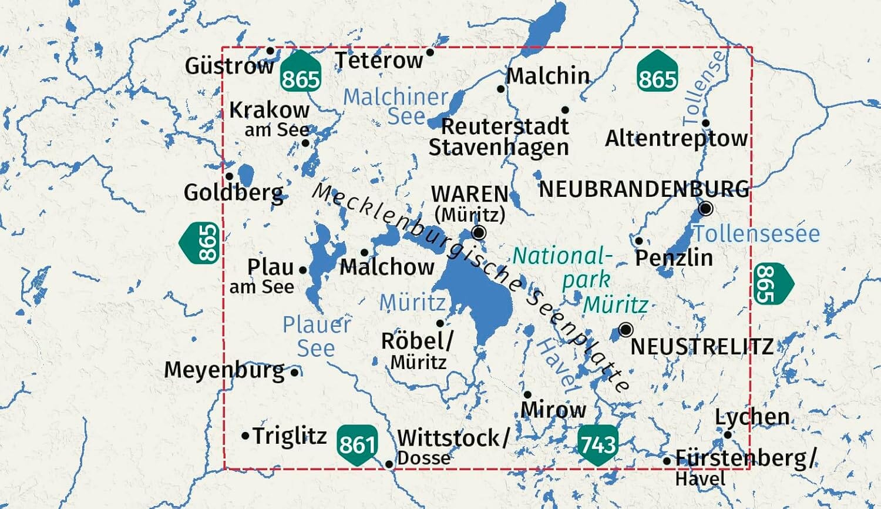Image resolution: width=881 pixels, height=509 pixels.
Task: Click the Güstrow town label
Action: [x=229, y=66]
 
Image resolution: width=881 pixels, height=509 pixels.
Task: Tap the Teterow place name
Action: [x=379, y=60]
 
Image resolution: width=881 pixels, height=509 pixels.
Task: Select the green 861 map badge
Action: [x=357, y=444]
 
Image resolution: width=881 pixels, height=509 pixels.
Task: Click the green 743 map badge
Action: [x=598, y=444]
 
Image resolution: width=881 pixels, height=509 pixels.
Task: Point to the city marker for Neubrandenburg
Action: [x=706, y=209]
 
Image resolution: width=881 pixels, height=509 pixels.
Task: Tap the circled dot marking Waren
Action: [x=479, y=233]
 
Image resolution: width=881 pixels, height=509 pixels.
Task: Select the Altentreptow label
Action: [x=677, y=139]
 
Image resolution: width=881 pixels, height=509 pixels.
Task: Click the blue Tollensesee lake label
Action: [x=756, y=233]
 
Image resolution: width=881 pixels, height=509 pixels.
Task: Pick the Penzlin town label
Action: [x=674, y=257]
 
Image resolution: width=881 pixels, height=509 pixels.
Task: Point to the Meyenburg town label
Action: [x=224, y=370]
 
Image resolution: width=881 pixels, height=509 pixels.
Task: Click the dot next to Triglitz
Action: [x=246, y=436]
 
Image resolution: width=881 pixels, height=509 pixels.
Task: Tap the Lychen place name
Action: [x=752, y=417]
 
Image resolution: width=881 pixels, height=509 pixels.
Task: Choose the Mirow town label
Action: [x=553, y=409]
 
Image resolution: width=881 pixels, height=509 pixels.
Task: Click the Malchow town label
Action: [x=387, y=267]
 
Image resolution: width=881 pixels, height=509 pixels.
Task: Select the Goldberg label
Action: [x=234, y=192]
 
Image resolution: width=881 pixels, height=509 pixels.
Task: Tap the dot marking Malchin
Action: [x=500, y=89]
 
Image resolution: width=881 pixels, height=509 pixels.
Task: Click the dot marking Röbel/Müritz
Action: [x=440, y=323]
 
